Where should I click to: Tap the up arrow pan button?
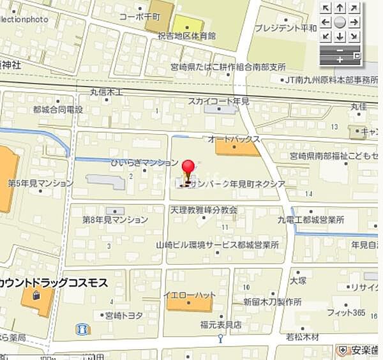(340, 8)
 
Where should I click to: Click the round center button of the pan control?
(340, 22)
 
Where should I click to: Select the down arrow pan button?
(340, 36)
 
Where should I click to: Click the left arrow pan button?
(326, 22)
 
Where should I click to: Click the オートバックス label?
(234, 139)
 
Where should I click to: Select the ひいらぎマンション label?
(139, 163)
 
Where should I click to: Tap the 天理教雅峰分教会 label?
(204, 209)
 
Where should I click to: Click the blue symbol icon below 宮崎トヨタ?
(83, 329)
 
